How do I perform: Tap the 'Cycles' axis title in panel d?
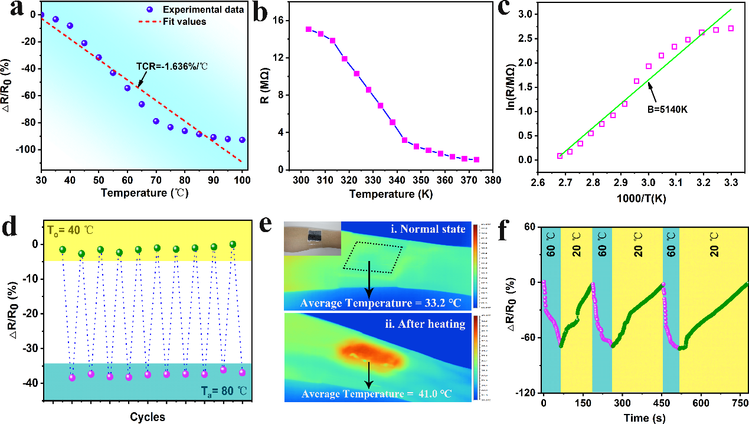148,417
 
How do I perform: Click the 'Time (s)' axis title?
646,417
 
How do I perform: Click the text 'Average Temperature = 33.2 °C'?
380,304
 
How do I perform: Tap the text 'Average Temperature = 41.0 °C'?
380,393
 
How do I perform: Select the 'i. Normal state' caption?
429,229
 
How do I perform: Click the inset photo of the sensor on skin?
312,238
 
